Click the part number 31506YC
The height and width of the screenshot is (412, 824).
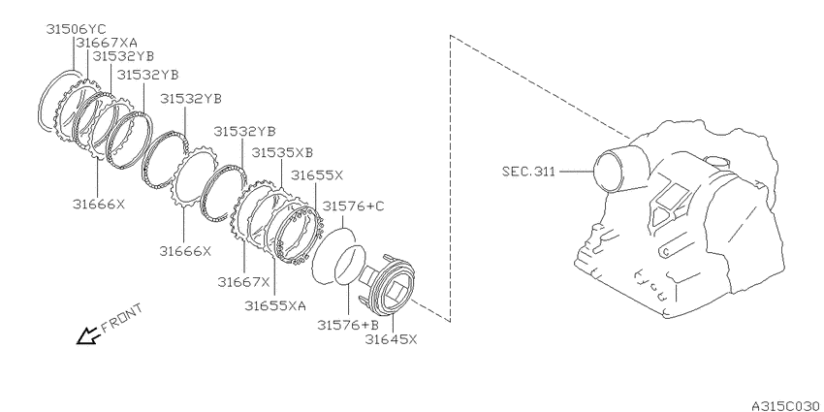[77, 29]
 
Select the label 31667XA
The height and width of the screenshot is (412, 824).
[108, 43]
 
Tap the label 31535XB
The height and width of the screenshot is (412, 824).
[282, 152]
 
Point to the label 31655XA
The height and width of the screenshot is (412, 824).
[275, 305]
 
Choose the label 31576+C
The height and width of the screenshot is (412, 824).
[353, 206]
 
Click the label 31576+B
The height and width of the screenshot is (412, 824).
[348, 326]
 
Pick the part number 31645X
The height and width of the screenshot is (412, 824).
[391, 339]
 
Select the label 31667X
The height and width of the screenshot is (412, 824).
[243, 282]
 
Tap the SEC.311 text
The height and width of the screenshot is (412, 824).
[528, 172]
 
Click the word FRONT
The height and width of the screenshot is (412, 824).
[121, 318]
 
